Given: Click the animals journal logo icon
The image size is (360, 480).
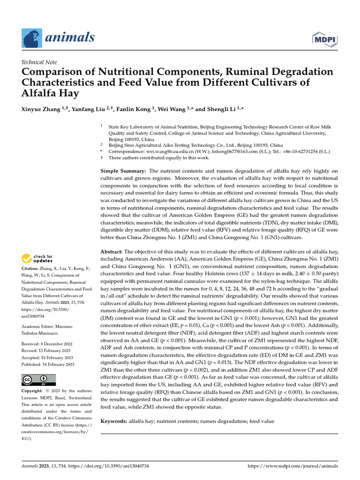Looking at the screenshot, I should (x=31, y=37).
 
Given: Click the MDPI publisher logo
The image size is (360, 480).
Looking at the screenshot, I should (x=325, y=37).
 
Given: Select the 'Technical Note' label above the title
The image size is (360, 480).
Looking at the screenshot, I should (x=39, y=62).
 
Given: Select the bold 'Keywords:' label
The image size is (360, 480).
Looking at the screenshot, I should (x=114, y=421).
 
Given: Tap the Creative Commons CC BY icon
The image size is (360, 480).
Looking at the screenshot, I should (x=38, y=380).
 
